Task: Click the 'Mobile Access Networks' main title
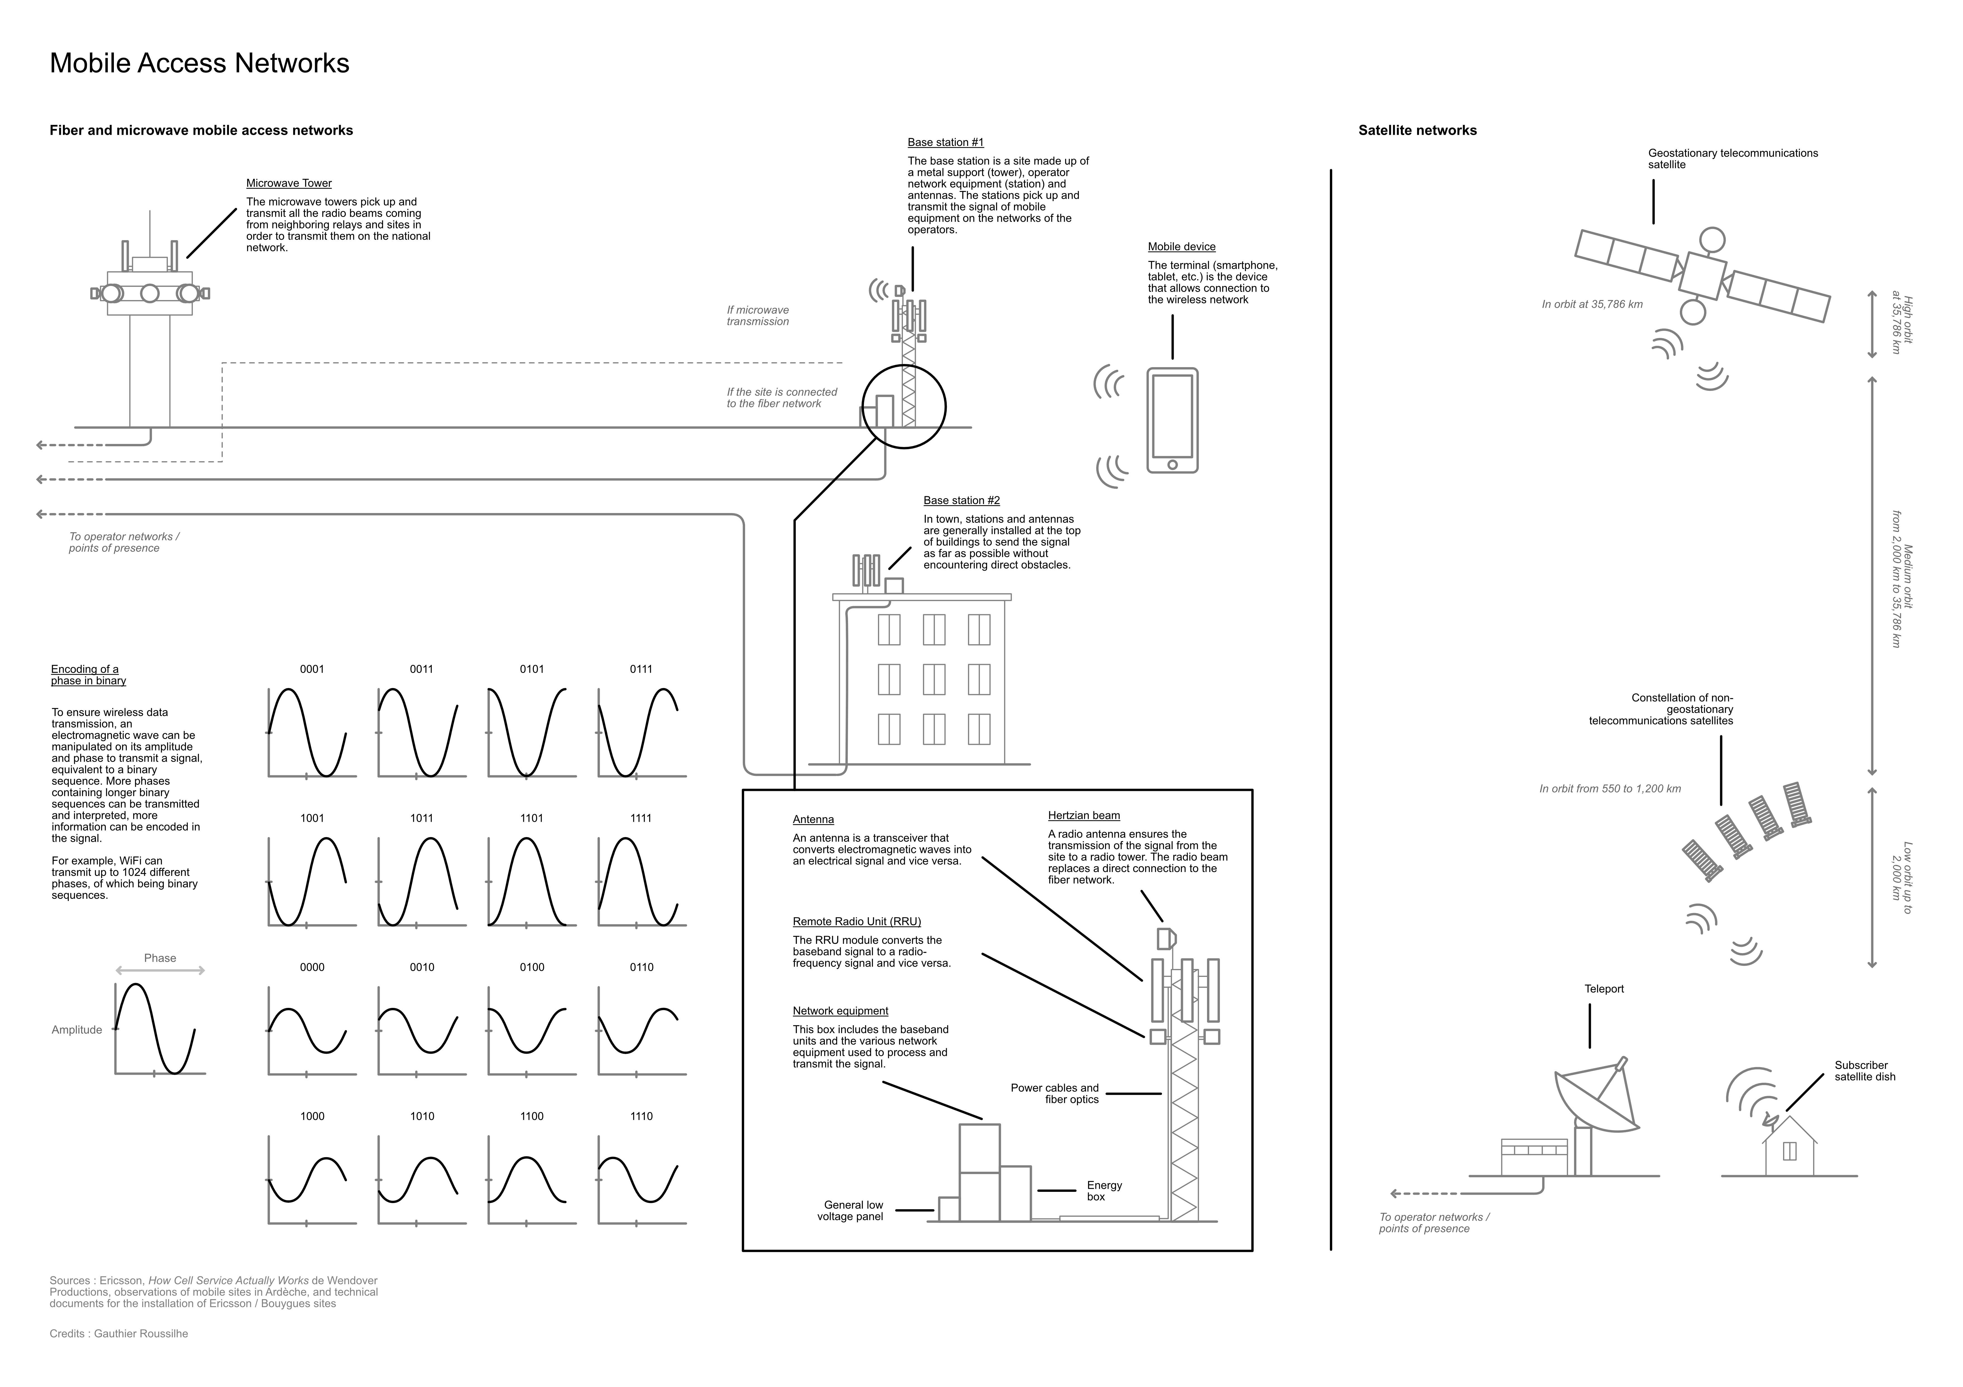pos(199,63)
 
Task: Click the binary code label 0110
pos(641,967)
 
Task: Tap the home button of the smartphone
pos(1172,465)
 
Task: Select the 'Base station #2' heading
pos(961,501)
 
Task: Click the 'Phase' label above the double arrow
pos(160,958)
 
